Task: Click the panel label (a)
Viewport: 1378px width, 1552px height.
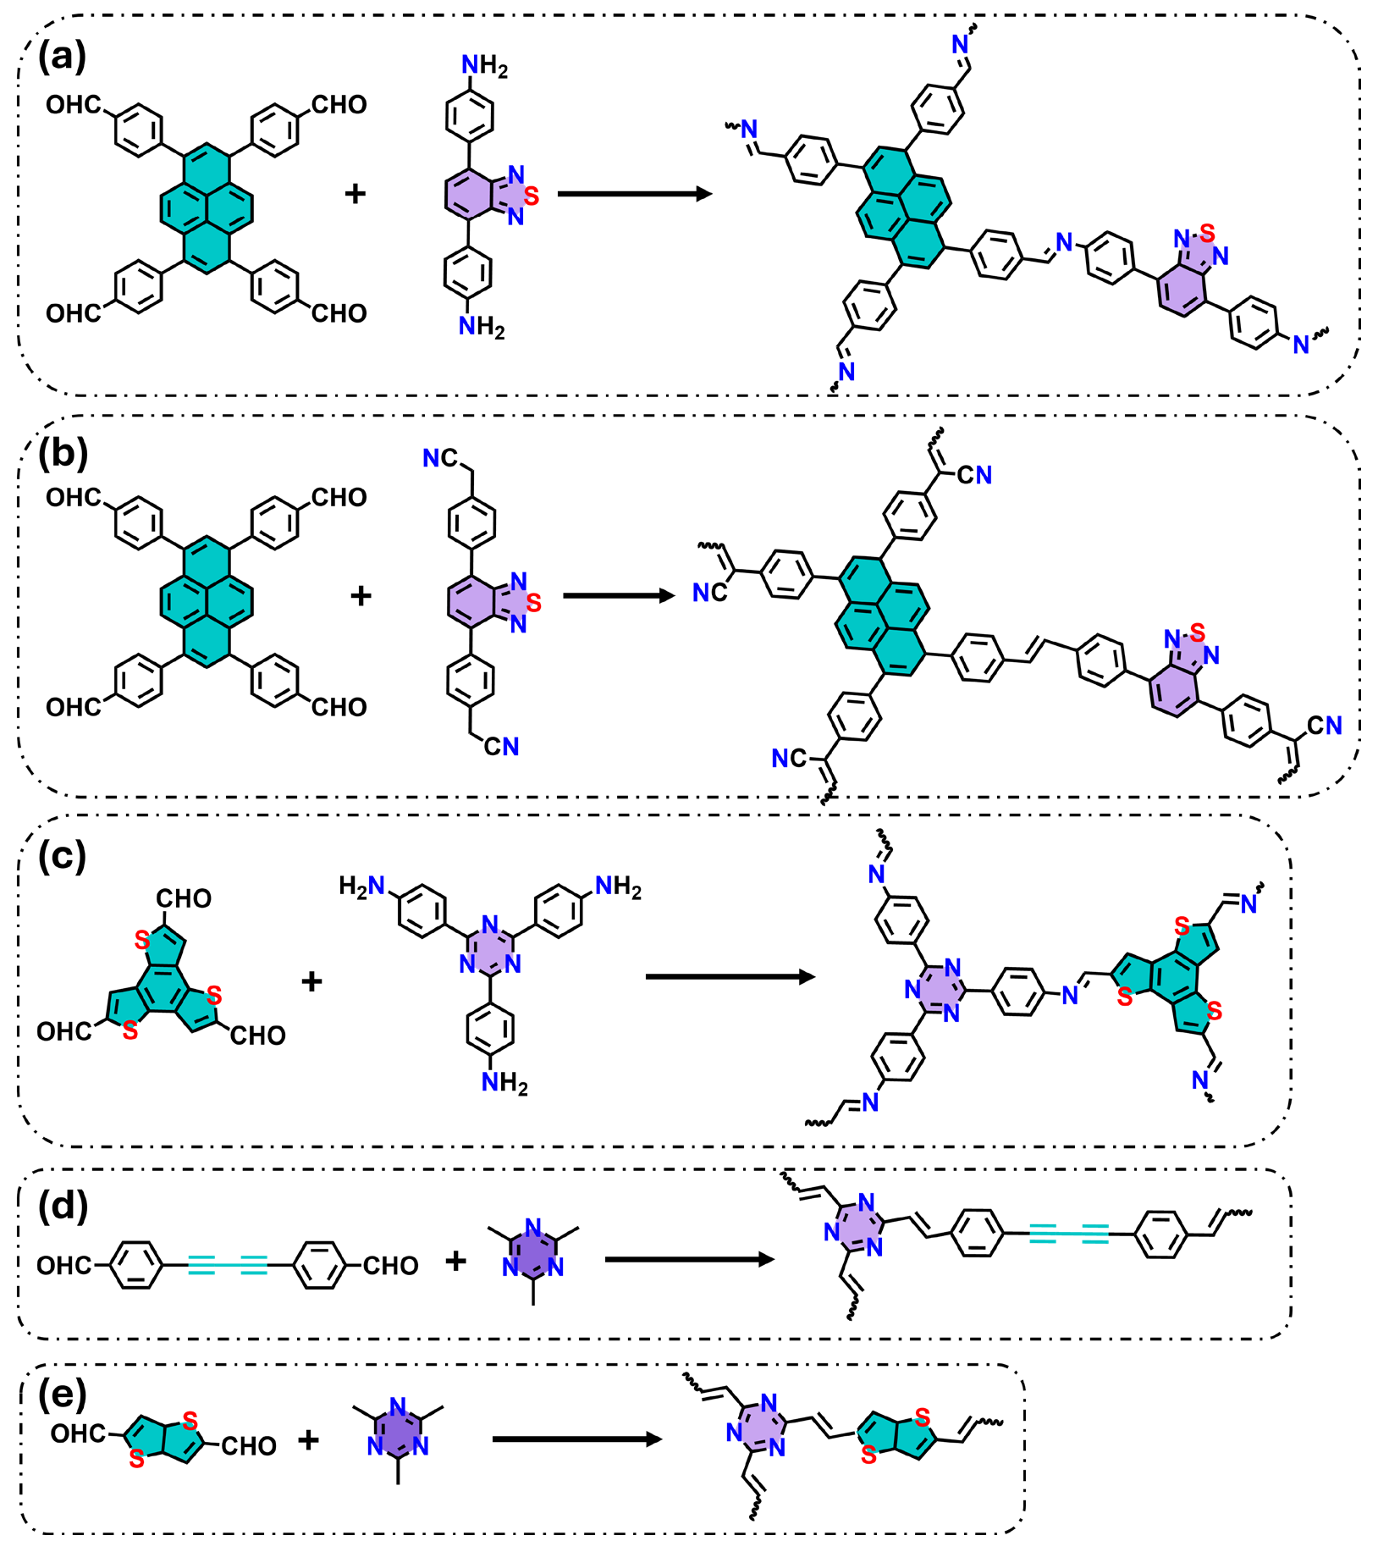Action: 62,57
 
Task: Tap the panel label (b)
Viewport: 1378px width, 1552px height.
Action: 63,454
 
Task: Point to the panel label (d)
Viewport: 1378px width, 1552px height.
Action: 63,1205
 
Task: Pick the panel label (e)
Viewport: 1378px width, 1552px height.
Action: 63,1395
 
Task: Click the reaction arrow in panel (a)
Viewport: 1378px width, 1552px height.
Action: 634,194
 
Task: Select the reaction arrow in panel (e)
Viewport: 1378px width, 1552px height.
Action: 576,1439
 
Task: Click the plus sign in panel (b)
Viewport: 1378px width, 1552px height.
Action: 361,595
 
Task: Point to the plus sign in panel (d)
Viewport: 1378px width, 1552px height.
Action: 455,1261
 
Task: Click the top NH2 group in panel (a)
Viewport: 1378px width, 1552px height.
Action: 483,66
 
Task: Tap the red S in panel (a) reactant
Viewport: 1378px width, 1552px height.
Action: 532,196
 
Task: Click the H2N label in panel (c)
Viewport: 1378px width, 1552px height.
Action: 361,886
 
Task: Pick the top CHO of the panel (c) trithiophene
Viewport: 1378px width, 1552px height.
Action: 184,898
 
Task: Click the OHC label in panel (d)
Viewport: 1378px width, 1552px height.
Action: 64,1266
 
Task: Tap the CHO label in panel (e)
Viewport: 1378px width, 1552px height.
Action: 249,1446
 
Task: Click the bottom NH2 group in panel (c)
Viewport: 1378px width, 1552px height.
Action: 504,1083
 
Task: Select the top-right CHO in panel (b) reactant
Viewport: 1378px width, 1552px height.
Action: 339,497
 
